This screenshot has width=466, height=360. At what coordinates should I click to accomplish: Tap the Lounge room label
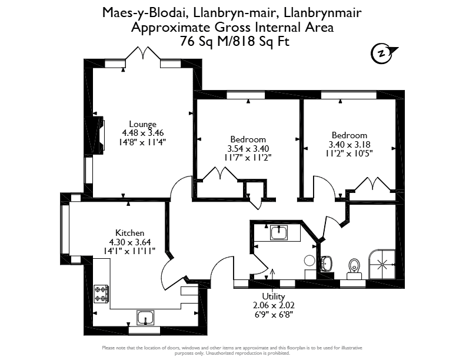142,124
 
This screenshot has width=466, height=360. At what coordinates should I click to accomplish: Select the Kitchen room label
130,233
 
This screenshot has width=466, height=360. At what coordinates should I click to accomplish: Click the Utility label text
274,296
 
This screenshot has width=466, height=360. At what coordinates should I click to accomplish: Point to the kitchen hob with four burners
101,294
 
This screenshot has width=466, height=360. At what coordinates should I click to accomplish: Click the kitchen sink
145,318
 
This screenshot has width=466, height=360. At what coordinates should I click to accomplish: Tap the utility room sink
279,232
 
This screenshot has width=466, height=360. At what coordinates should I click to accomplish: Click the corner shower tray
382,264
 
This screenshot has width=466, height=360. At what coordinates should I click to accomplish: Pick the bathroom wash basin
327,264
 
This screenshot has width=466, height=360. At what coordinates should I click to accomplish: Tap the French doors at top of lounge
143,54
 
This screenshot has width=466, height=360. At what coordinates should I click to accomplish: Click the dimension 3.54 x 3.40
248,148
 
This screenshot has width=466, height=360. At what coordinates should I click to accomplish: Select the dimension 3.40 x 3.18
349,145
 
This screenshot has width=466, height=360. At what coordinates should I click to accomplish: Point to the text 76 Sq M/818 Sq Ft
235,41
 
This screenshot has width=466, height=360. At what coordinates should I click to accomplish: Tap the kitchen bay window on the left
65,229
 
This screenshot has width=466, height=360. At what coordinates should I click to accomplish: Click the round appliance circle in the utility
309,261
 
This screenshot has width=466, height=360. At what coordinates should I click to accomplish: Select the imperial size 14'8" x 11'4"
142,142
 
